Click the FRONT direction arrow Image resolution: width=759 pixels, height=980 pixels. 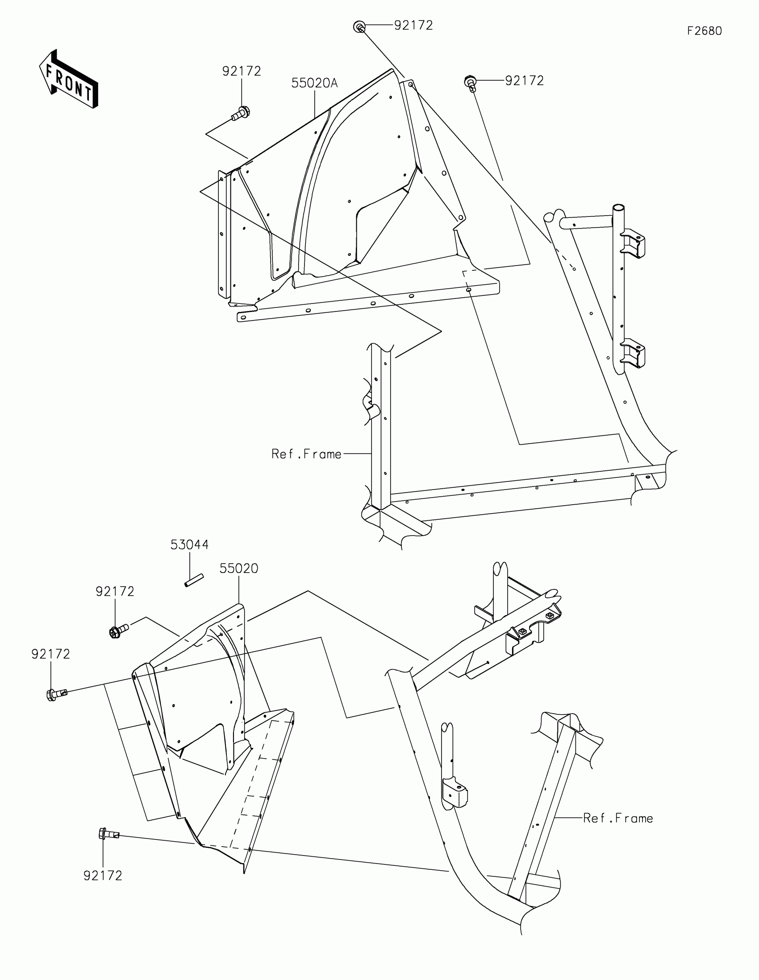(68, 79)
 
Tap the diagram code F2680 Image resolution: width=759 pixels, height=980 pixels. (704, 31)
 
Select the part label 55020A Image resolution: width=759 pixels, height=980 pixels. (314, 83)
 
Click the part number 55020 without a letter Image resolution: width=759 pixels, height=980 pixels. (239, 569)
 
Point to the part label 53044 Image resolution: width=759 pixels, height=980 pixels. (189, 545)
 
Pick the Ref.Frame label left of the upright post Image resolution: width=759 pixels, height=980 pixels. (306, 454)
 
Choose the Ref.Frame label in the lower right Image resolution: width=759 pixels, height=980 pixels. (617, 818)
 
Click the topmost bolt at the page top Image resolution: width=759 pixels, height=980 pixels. (359, 26)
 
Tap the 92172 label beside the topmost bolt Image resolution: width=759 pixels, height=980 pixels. (413, 25)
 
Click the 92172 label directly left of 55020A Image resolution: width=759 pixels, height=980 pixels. (242, 71)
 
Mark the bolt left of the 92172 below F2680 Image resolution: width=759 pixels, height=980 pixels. (470, 83)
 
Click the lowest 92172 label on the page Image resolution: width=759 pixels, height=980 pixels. (103, 876)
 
